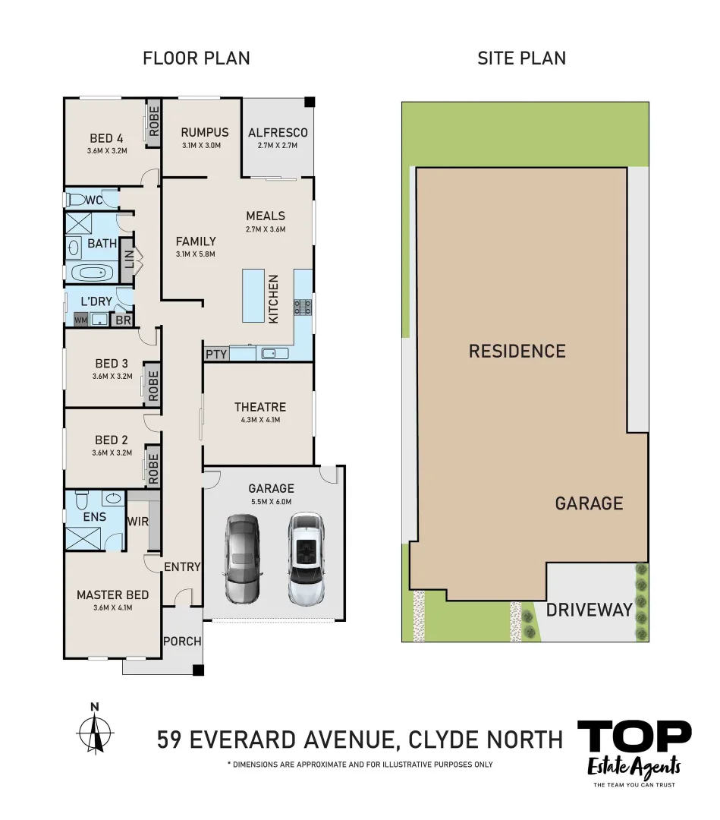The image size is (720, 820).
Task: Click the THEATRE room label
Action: click(x=259, y=407)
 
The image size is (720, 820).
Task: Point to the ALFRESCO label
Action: click(x=278, y=133)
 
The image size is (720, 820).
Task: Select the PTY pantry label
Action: click(x=216, y=354)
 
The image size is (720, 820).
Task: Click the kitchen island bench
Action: click(x=253, y=296)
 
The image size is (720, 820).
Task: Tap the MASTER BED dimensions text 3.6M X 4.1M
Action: click(x=112, y=607)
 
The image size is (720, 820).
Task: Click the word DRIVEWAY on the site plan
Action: click(x=589, y=609)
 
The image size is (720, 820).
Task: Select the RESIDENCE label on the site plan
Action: click(x=517, y=351)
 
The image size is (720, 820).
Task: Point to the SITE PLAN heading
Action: click(x=521, y=58)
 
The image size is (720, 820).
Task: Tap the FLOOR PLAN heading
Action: click(x=196, y=58)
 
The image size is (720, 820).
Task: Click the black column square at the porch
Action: click(x=198, y=670)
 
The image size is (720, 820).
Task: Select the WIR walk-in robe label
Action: click(x=137, y=522)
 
